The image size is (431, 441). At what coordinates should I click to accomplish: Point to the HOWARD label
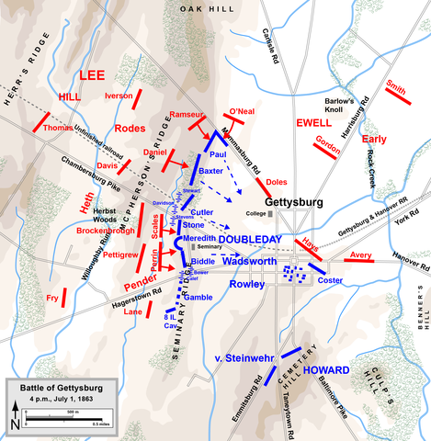[x=325, y=370]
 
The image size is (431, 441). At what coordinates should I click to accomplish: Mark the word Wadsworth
[x=250, y=260]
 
